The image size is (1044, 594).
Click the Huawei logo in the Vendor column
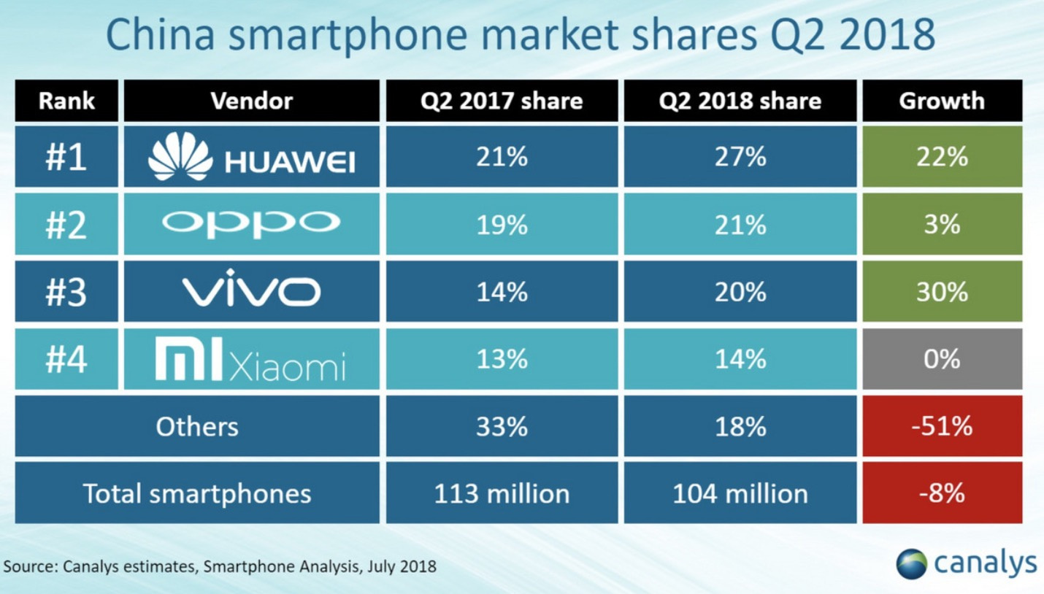(x=251, y=157)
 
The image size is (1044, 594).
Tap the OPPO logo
(x=251, y=224)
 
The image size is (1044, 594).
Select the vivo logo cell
(x=251, y=292)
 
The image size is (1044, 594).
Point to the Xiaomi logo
(x=251, y=360)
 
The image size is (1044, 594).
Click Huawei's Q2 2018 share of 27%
(x=740, y=157)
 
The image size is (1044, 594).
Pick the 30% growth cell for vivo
(x=942, y=292)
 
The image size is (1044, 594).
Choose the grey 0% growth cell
(x=942, y=360)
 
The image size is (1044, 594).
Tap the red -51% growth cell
(x=942, y=426)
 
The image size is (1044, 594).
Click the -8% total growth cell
(x=942, y=493)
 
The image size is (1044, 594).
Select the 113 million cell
(x=502, y=493)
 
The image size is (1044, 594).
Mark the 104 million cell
(x=740, y=493)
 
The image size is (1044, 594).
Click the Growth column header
(x=942, y=101)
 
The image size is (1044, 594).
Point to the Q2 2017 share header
(x=502, y=101)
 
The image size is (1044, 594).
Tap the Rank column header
(x=66, y=101)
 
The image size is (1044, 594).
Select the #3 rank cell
(x=66, y=292)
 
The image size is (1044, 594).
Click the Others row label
(x=197, y=426)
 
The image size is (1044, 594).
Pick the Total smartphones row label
(x=197, y=493)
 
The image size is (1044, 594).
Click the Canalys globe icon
(x=912, y=563)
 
